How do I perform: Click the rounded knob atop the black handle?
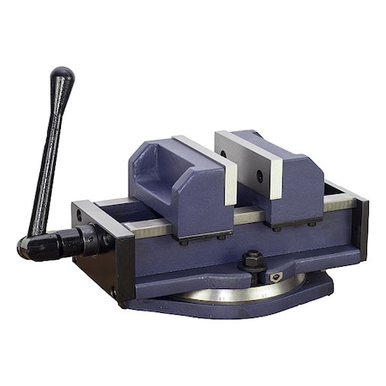[x=62, y=78]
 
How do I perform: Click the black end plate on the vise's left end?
[x=116, y=253]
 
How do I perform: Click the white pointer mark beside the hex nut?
[x=275, y=276]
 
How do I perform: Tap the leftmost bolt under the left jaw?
[x=183, y=243]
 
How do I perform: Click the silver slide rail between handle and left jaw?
[x=142, y=226]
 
